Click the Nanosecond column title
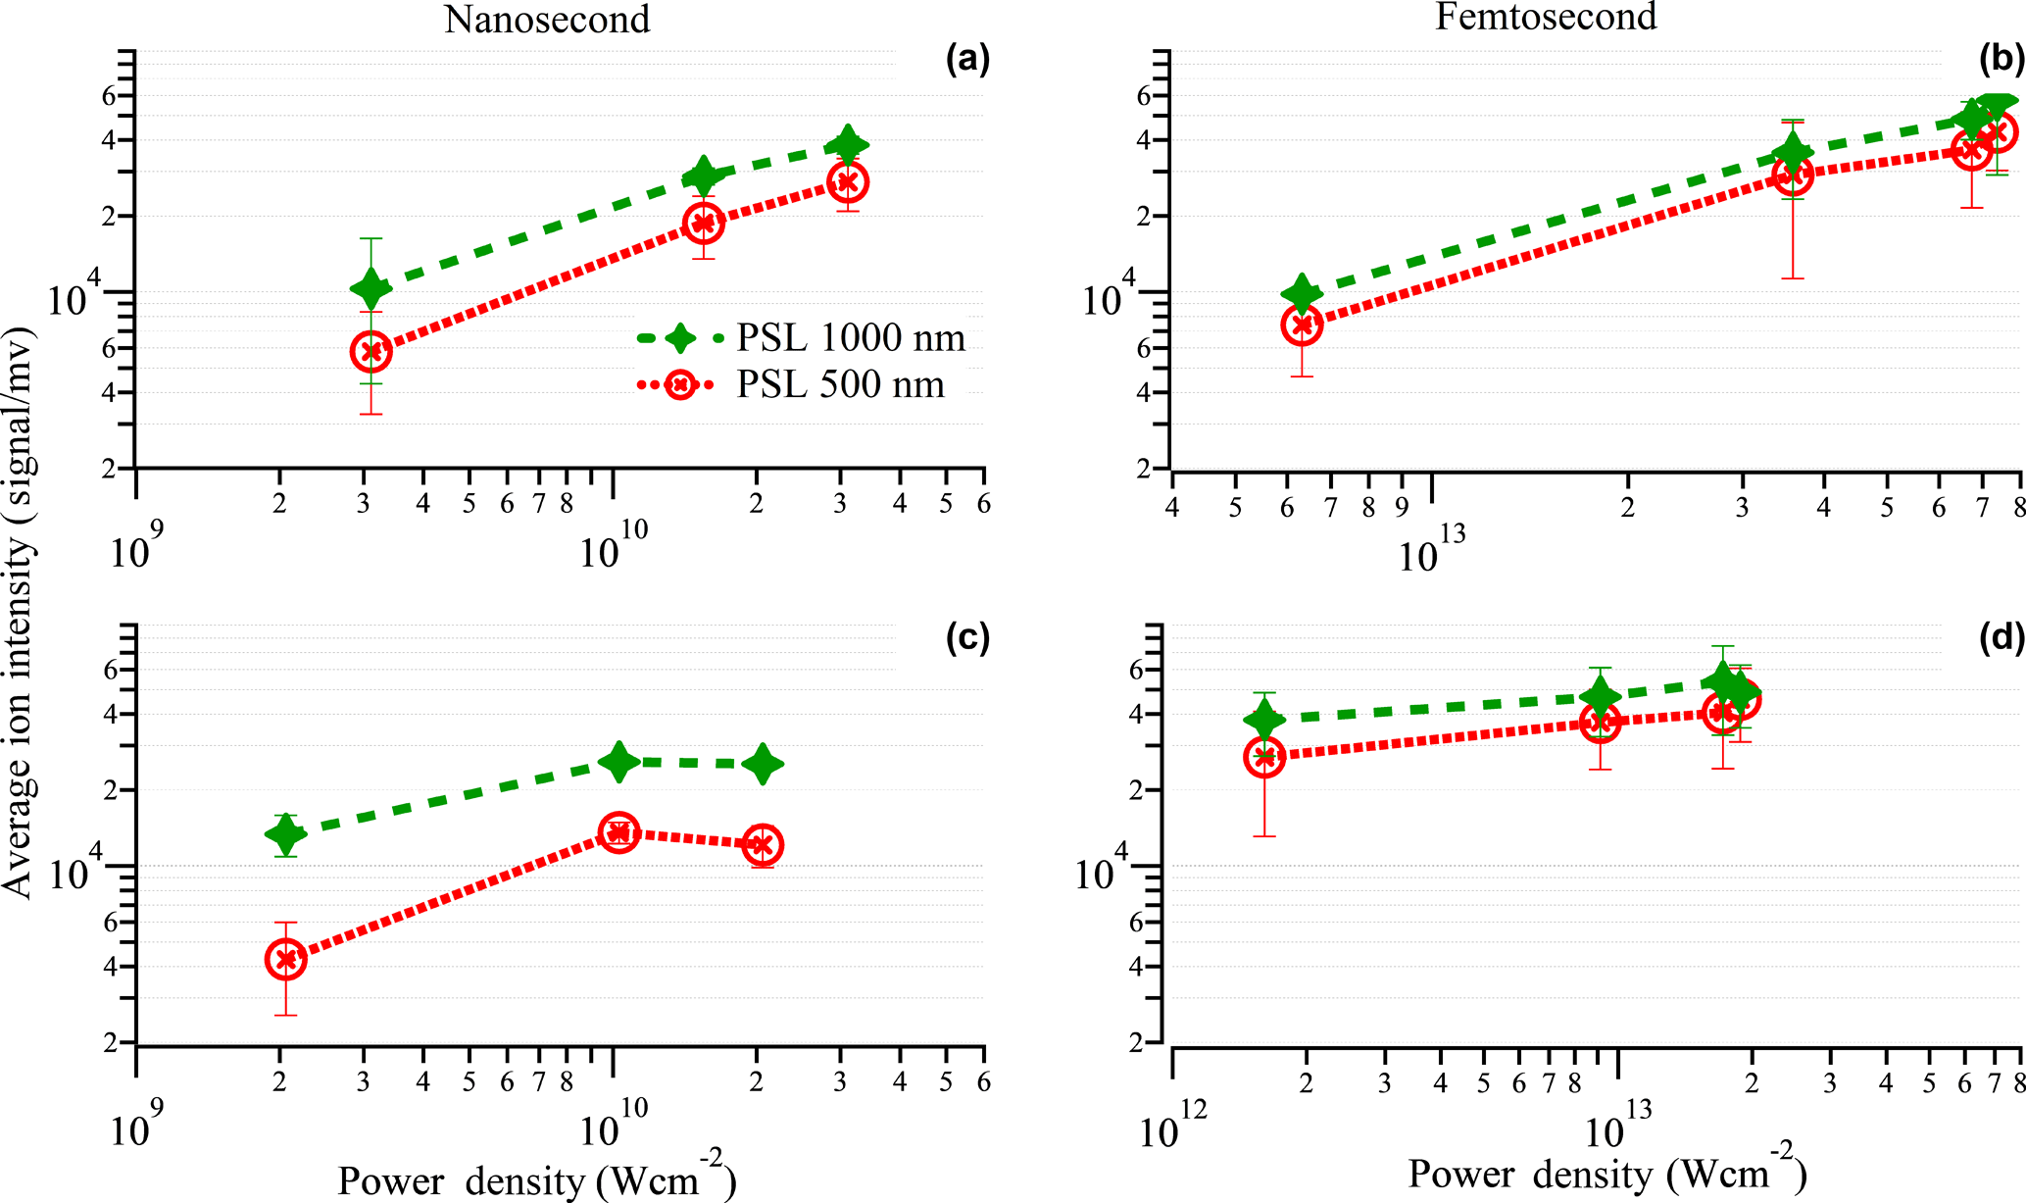[x=547, y=20]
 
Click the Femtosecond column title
[x=1546, y=17]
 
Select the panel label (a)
[x=967, y=61]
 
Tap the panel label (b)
[x=2001, y=61]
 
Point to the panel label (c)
[x=967, y=638]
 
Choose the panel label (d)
[x=2001, y=638]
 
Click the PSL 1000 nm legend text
[x=851, y=338]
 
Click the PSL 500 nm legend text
[x=840, y=384]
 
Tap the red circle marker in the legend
[x=679, y=384]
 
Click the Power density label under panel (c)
[x=536, y=1178]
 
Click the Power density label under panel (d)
[x=1607, y=1173]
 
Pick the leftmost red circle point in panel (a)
[x=371, y=352]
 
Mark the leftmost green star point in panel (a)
[x=371, y=288]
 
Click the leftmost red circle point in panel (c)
[x=286, y=959]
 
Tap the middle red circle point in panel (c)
[x=618, y=832]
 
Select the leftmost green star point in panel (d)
[x=1264, y=721]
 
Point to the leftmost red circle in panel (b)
[x=1302, y=326]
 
